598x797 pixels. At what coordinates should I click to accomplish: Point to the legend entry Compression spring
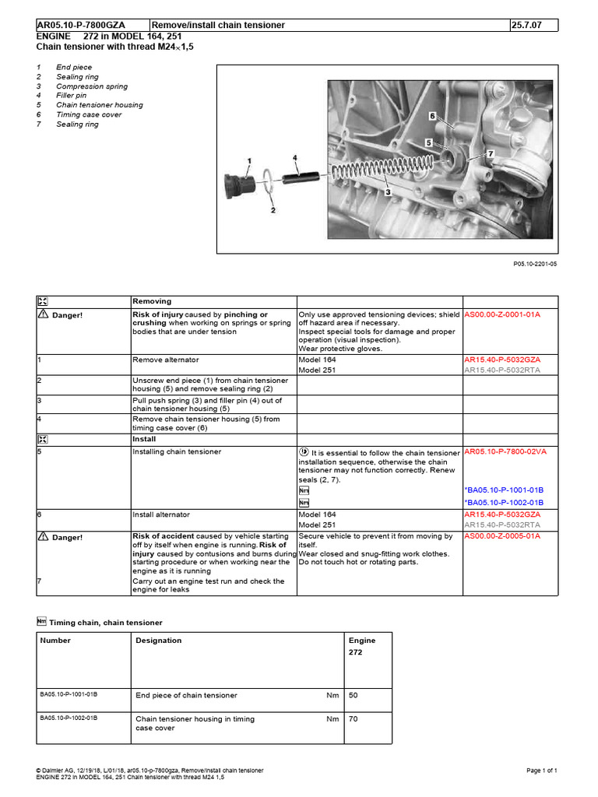(x=92, y=86)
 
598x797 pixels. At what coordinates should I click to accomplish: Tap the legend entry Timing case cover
(x=89, y=114)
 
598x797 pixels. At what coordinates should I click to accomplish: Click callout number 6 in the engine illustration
(x=431, y=115)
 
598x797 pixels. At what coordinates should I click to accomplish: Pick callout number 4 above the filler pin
(x=295, y=158)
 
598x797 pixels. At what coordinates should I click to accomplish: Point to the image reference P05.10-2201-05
(x=535, y=264)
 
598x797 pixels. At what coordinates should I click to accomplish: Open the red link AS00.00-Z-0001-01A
(x=502, y=314)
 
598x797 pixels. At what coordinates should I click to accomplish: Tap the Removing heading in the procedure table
(x=152, y=301)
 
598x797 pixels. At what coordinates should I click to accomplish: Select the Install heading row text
(x=143, y=439)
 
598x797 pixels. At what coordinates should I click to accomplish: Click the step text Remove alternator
(x=166, y=360)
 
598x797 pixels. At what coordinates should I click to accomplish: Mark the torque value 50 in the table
(x=354, y=695)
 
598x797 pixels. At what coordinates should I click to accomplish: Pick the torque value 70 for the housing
(x=354, y=719)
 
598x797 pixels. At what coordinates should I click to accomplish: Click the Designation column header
(x=159, y=641)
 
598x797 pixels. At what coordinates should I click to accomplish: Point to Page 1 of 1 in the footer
(x=542, y=771)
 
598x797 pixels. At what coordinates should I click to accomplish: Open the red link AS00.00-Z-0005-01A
(x=502, y=536)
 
